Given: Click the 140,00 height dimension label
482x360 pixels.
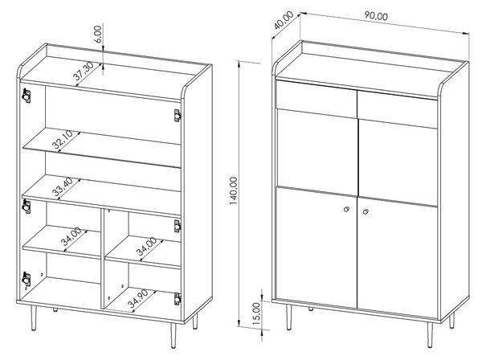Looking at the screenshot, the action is (x=234, y=190).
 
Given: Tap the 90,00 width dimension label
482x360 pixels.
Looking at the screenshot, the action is (x=376, y=16).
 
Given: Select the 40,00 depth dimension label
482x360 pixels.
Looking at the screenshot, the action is (x=284, y=20).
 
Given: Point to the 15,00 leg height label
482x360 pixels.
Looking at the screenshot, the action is (x=256, y=311).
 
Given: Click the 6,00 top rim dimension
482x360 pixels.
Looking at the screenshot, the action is (x=98, y=34).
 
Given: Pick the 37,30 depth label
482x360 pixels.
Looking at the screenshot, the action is (x=84, y=71).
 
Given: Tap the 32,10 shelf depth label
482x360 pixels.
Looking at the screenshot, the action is (x=63, y=140).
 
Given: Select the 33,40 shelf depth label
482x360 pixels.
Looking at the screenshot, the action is (x=63, y=187).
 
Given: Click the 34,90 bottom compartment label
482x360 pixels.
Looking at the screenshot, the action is (x=138, y=298).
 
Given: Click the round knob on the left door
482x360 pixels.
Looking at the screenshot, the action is (x=346, y=209).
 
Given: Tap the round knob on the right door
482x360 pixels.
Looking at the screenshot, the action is (x=366, y=211).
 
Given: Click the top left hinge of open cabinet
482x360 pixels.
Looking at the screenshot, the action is (x=27, y=96).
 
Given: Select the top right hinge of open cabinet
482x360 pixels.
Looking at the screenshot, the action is (x=177, y=116).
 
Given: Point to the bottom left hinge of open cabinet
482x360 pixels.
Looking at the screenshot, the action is (x=27, y=280).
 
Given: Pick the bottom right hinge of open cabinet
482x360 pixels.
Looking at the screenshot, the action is (x=177, y=299).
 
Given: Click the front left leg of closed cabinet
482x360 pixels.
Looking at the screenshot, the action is (x=288, y=317).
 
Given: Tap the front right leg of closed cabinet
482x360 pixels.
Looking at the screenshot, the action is (x=430, y=334).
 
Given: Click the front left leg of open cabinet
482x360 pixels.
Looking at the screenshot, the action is (x=34, y=318).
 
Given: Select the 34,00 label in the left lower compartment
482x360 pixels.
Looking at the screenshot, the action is (x=71, y=236).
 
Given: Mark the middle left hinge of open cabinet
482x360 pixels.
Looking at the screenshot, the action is (x=27, y=206).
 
